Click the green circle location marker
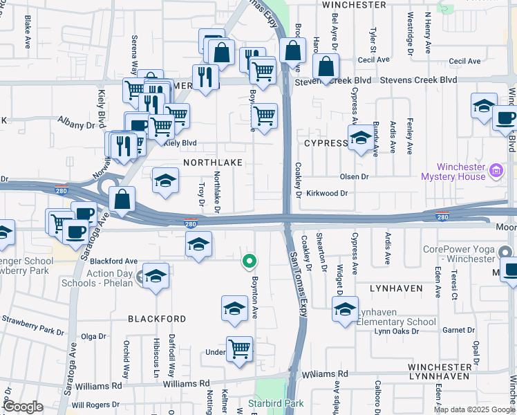tap(250, 261)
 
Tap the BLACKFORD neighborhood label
tap(157, 319)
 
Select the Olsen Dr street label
tap(355, 177)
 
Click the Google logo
tap(22, 407)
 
